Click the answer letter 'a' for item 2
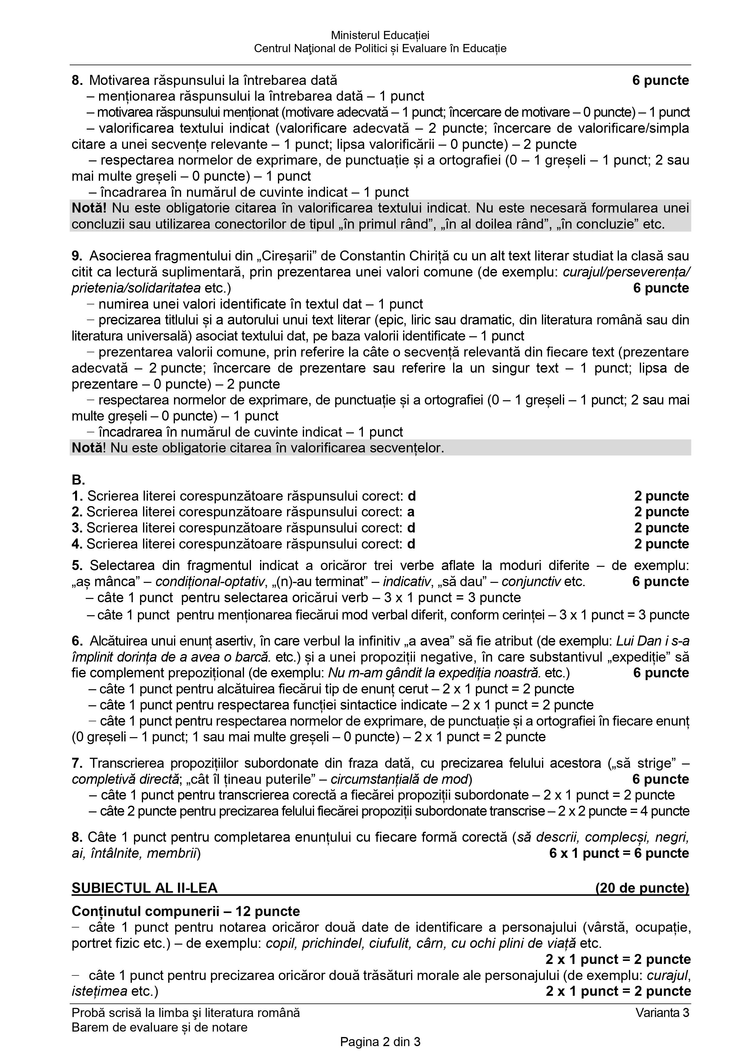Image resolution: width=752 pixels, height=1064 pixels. click(410, 512)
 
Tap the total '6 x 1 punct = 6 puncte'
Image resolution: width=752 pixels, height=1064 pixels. click(619, 853)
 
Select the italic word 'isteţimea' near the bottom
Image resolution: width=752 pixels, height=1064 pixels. click(99, 991)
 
